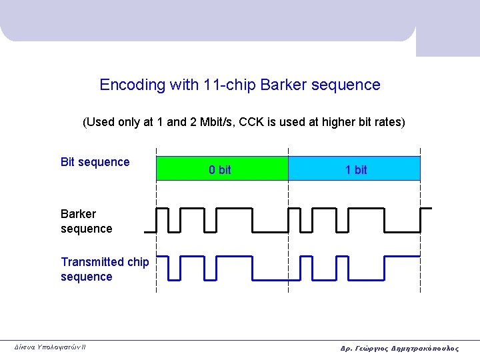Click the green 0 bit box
click(x=221, y=169)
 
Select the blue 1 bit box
click(x=354, y=169)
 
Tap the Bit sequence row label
click(x=95, y=162)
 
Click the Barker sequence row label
click(x=86, y=221)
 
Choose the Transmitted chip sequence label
click(x=105, y=269)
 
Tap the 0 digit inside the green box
click(x=212, y=170)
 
